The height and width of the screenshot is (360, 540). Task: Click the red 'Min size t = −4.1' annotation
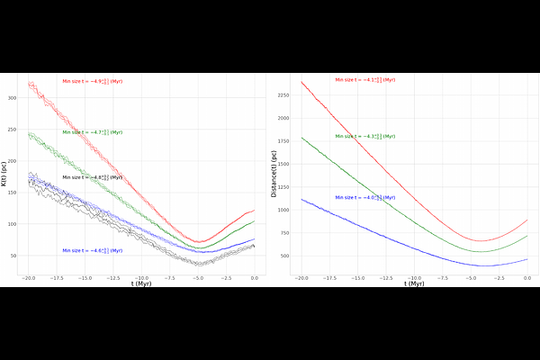(364, 80)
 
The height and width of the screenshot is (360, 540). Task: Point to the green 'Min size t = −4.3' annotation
(364, 136)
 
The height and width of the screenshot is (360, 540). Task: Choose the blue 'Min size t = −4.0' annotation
(364, 197)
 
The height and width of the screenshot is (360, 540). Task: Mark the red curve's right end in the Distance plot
(527, 220)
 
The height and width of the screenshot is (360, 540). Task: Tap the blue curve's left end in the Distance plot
(301, 200)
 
